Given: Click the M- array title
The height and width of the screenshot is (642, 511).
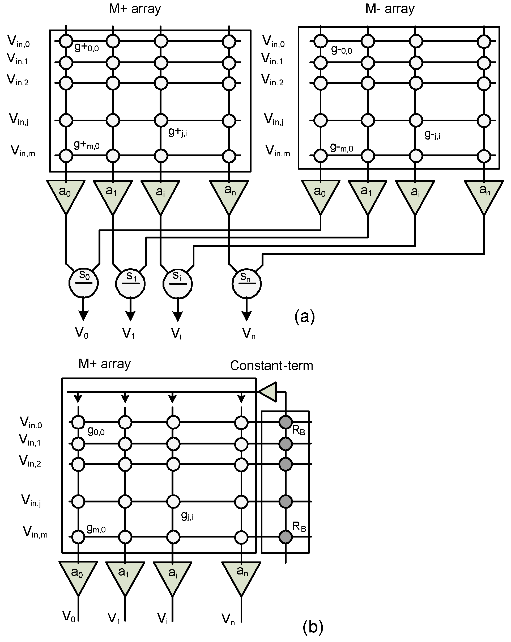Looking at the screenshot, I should (x=389, y=9).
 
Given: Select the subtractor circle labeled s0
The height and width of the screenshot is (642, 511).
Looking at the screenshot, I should (x=84, y=283).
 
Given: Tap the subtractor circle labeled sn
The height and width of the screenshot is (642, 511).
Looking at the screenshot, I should (x=246, y=283).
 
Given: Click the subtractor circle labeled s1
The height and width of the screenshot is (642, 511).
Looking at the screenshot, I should (x=131, y=283).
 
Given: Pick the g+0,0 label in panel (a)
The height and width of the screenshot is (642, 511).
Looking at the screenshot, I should (x=87, y=47).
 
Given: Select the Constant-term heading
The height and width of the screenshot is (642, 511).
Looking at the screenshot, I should (x=271, y=366).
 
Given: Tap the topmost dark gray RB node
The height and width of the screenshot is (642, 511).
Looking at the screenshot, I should (x=286, y=422).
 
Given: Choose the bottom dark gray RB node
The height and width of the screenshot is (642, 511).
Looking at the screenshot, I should (x=286, y=537).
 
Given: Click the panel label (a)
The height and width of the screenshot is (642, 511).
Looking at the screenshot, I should (x=305, y=316).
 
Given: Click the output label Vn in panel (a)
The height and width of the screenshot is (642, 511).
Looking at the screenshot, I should (x=249, y=333).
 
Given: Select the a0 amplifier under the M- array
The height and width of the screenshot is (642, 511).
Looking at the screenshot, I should (x=320, y=194).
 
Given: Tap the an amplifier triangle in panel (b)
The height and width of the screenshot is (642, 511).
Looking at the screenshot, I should (x=241, y=575).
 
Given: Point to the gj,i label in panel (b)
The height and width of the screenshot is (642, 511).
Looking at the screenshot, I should (x=187, y=516).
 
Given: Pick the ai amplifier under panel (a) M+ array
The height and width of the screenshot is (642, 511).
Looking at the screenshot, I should (x=160, y=194).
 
